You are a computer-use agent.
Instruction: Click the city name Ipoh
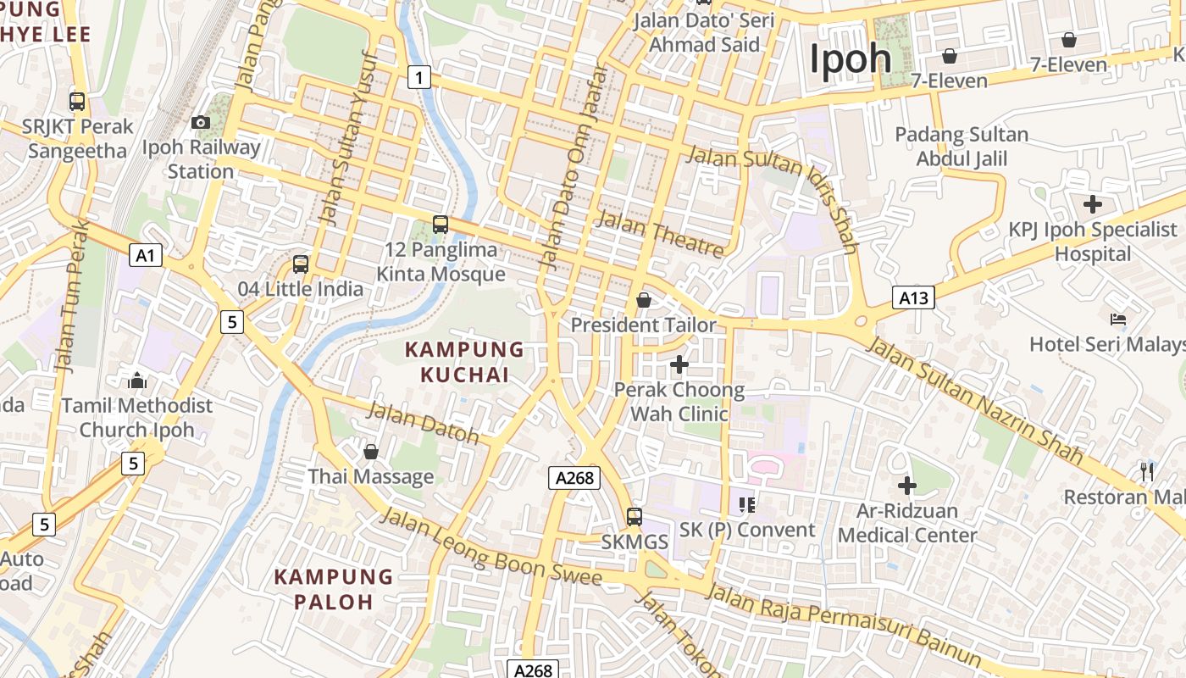tap(850, 59)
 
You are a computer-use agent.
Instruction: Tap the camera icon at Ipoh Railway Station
tap(201, 123)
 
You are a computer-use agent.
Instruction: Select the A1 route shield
tap(146, 254)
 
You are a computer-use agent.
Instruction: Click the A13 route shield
tap(913, 297)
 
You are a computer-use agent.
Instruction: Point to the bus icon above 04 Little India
tap(301, 264)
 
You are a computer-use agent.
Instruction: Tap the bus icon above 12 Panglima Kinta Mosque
tap(440, 225)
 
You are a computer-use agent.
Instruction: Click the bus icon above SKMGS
tap(635, 516)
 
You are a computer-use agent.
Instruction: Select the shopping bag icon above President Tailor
tap(644, 300)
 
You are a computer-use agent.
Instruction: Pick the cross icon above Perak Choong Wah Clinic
tap(679, 364)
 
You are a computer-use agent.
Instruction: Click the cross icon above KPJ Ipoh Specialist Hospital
tap(1093, 204)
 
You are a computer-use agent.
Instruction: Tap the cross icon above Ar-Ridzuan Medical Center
tap(907, 486)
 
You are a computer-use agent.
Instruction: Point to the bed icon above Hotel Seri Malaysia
tap(1118, 320)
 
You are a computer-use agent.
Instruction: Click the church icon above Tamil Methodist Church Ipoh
tap(137, 381)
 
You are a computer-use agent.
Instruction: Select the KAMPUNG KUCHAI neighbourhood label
tap(464, 362)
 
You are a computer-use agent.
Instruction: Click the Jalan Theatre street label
tap(661, 234)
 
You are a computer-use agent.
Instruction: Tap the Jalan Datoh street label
tap(424, 423)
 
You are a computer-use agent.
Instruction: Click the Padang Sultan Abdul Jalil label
tap(962, 147)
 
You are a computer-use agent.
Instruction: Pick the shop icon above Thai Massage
tap(370, 452)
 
